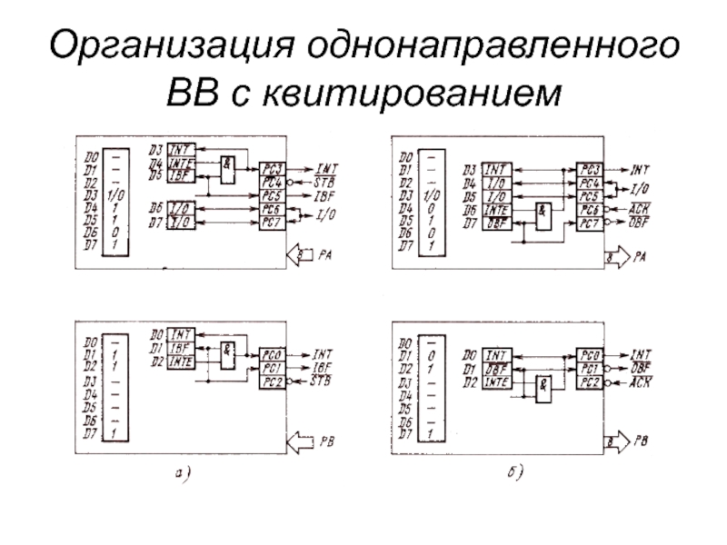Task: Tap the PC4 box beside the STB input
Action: click(272, 181)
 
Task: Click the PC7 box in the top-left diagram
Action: click(272, 223)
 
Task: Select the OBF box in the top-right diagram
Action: click(497, 223)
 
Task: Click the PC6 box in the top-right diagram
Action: click(590, 210)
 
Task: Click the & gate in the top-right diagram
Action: click(543, 213)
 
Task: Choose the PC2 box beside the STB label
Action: click(271, 381)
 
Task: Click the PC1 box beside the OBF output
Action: click(590, 369)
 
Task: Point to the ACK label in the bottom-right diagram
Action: click(641, 380)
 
